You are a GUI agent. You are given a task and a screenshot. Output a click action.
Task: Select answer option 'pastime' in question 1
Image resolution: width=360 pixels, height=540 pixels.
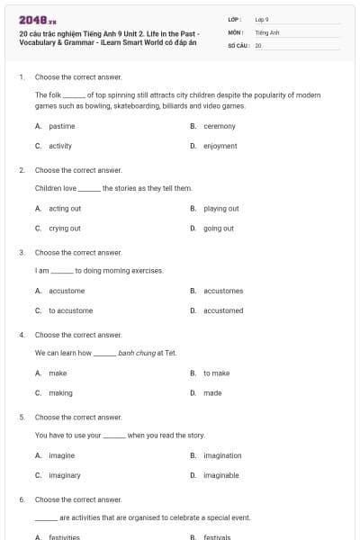point(62,127)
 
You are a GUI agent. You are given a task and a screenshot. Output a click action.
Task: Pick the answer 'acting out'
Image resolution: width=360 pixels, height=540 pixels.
point(65,209)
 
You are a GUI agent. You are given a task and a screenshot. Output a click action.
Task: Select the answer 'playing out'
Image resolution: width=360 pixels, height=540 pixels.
point(221,209)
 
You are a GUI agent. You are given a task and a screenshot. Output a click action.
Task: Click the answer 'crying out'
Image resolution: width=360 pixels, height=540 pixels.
point(65,229)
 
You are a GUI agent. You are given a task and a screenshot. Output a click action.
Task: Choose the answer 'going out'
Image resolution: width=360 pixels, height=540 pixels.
point(219,229)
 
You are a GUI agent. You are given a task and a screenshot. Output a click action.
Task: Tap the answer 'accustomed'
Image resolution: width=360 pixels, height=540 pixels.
point(223,310)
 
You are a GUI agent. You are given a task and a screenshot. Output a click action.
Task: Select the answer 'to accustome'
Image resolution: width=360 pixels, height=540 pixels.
point(71,310)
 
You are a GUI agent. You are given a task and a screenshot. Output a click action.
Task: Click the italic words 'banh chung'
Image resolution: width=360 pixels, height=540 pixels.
point(135,353)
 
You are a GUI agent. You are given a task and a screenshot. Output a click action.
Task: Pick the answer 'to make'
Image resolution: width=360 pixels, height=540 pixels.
point(217,373)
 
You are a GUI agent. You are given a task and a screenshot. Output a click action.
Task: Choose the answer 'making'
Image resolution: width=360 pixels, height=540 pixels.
point(61,392)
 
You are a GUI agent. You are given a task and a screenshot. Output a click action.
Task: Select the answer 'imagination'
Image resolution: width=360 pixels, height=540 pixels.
point(222,455)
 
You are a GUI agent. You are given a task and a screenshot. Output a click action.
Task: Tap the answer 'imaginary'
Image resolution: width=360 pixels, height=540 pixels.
point(65,475)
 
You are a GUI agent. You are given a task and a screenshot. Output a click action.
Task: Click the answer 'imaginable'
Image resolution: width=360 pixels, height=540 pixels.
point(221,475)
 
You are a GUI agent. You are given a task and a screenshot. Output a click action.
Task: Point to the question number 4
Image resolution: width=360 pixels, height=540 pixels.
point(22,334)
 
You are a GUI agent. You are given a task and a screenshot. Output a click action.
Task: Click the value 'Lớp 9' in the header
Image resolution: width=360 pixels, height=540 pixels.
point(262,19)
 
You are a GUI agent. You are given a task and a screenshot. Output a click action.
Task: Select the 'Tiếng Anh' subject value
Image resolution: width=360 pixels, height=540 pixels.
point(267,31)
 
